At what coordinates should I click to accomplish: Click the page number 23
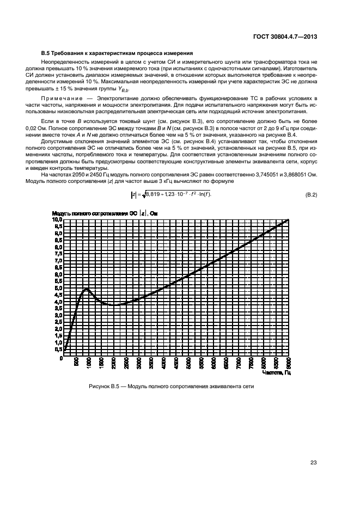click(313, 463)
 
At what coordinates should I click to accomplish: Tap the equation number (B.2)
click(311, 194)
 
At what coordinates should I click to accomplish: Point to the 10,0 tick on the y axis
click(57, 219)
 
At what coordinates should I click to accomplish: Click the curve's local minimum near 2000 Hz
click(113, 305)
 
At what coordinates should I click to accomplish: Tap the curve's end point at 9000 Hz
click(289, 219)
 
